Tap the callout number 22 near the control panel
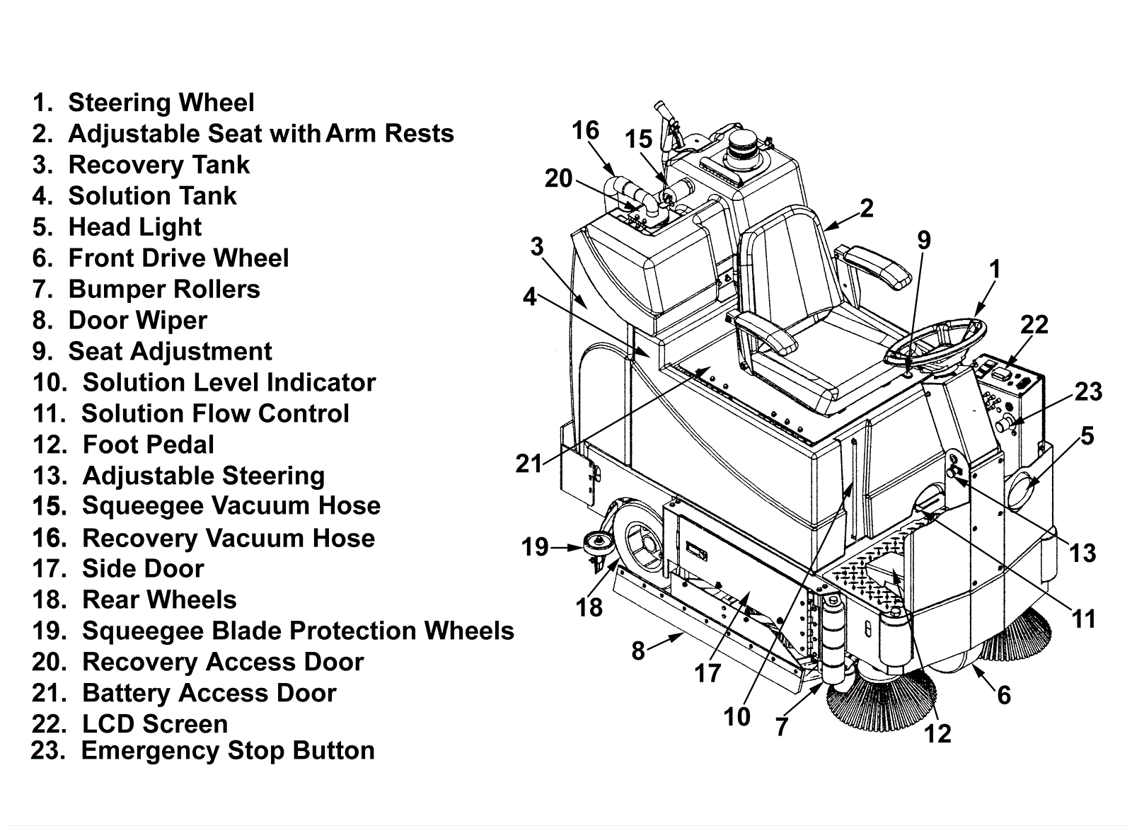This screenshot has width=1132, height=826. point(1034,325)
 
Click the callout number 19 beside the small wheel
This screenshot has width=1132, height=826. point(535,547)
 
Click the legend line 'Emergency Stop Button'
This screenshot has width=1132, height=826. point(202,751)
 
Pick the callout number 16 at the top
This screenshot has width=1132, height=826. point(586,130)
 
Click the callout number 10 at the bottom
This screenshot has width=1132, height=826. point(737,716)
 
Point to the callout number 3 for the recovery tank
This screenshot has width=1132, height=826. point(537,247)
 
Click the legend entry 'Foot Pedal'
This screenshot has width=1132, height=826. point(123,444)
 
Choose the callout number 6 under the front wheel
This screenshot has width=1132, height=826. point(1004,696)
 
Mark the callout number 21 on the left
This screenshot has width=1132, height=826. point(529,464)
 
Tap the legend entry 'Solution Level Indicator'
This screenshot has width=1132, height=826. point(204,383)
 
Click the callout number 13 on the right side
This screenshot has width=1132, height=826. point(1082,553)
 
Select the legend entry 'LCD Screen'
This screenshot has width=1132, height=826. point(130,724)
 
